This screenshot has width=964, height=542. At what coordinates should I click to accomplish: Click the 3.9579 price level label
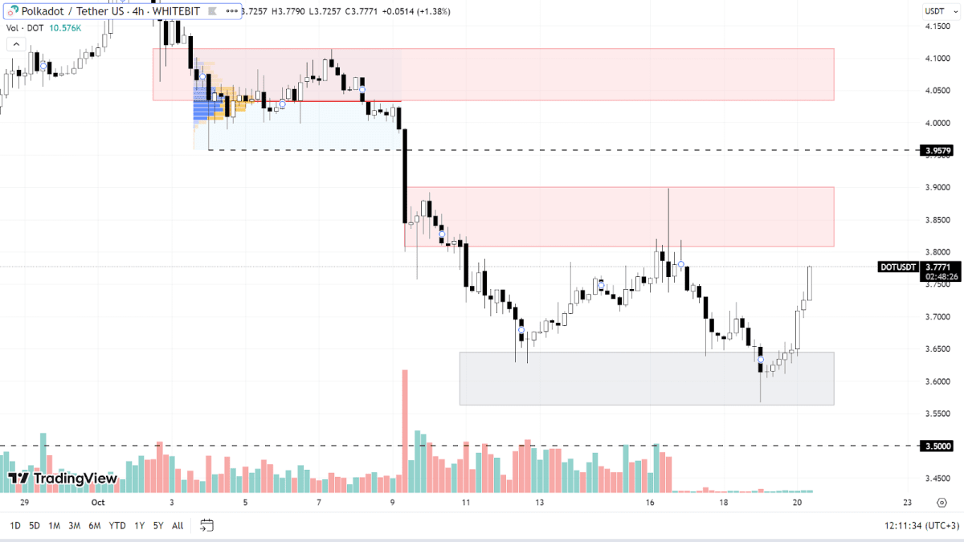[x=938, y=150]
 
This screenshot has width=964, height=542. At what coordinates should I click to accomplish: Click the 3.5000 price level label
[x=938, y=446]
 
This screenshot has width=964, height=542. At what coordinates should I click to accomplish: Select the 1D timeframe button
[x=14, y=526]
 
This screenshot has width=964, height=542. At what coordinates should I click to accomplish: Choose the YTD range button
[x=117, y=526]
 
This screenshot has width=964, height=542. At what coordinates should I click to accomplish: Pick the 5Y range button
[x=158, y=526]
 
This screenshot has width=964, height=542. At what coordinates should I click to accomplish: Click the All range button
[x=178, y=526]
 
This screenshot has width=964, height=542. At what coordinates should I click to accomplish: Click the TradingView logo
[x=63, y=479]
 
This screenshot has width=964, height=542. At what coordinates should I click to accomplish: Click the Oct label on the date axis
[x=98, y=503]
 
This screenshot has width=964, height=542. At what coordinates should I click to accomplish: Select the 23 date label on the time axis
[x=907, y=503]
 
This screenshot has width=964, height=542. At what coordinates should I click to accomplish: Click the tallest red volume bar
[x=405, y=430]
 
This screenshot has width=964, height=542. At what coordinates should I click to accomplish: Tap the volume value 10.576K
[x=64, y=27]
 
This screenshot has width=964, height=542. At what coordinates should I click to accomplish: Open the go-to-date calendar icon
[x=206, y=526]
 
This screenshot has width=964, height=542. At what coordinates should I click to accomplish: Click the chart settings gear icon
[x=942, y=503]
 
